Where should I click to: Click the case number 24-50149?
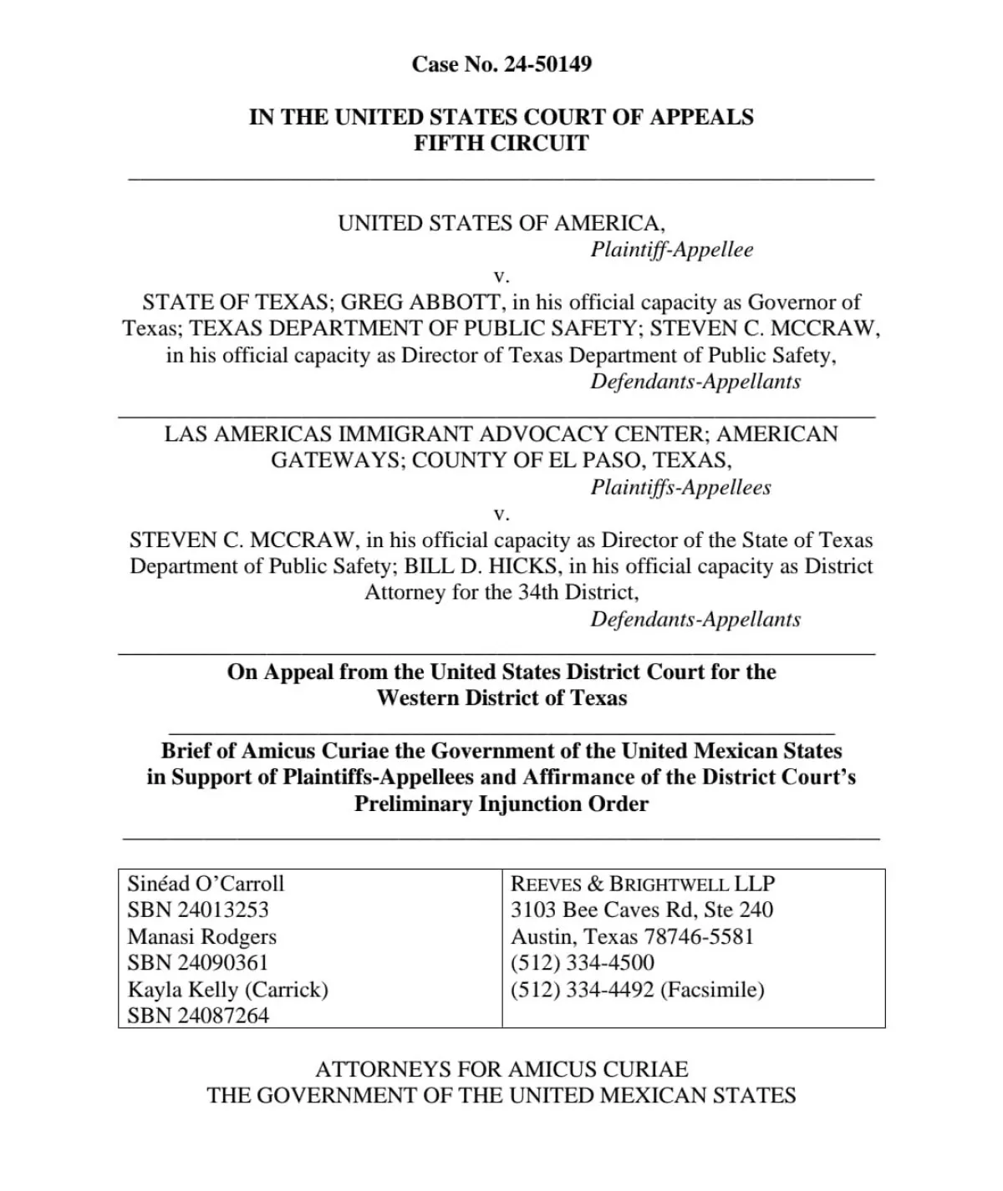click(547, 64)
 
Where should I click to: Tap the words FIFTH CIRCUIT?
click(501, 143)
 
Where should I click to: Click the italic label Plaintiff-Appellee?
click(672, 250)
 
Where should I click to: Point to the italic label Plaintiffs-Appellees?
click(680, 488)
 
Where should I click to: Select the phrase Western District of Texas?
click(501, 698)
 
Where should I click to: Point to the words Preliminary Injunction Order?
click(501, 804)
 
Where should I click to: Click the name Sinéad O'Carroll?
click(206, 884)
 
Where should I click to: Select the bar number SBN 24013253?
click(198, 910)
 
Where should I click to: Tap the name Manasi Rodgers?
click(201, 937)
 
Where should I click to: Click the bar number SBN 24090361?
click(198, 963)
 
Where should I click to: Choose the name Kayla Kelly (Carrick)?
click(227, 990)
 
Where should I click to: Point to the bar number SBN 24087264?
click(198, 1016)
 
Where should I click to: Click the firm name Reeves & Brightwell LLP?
click(643, 884)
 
